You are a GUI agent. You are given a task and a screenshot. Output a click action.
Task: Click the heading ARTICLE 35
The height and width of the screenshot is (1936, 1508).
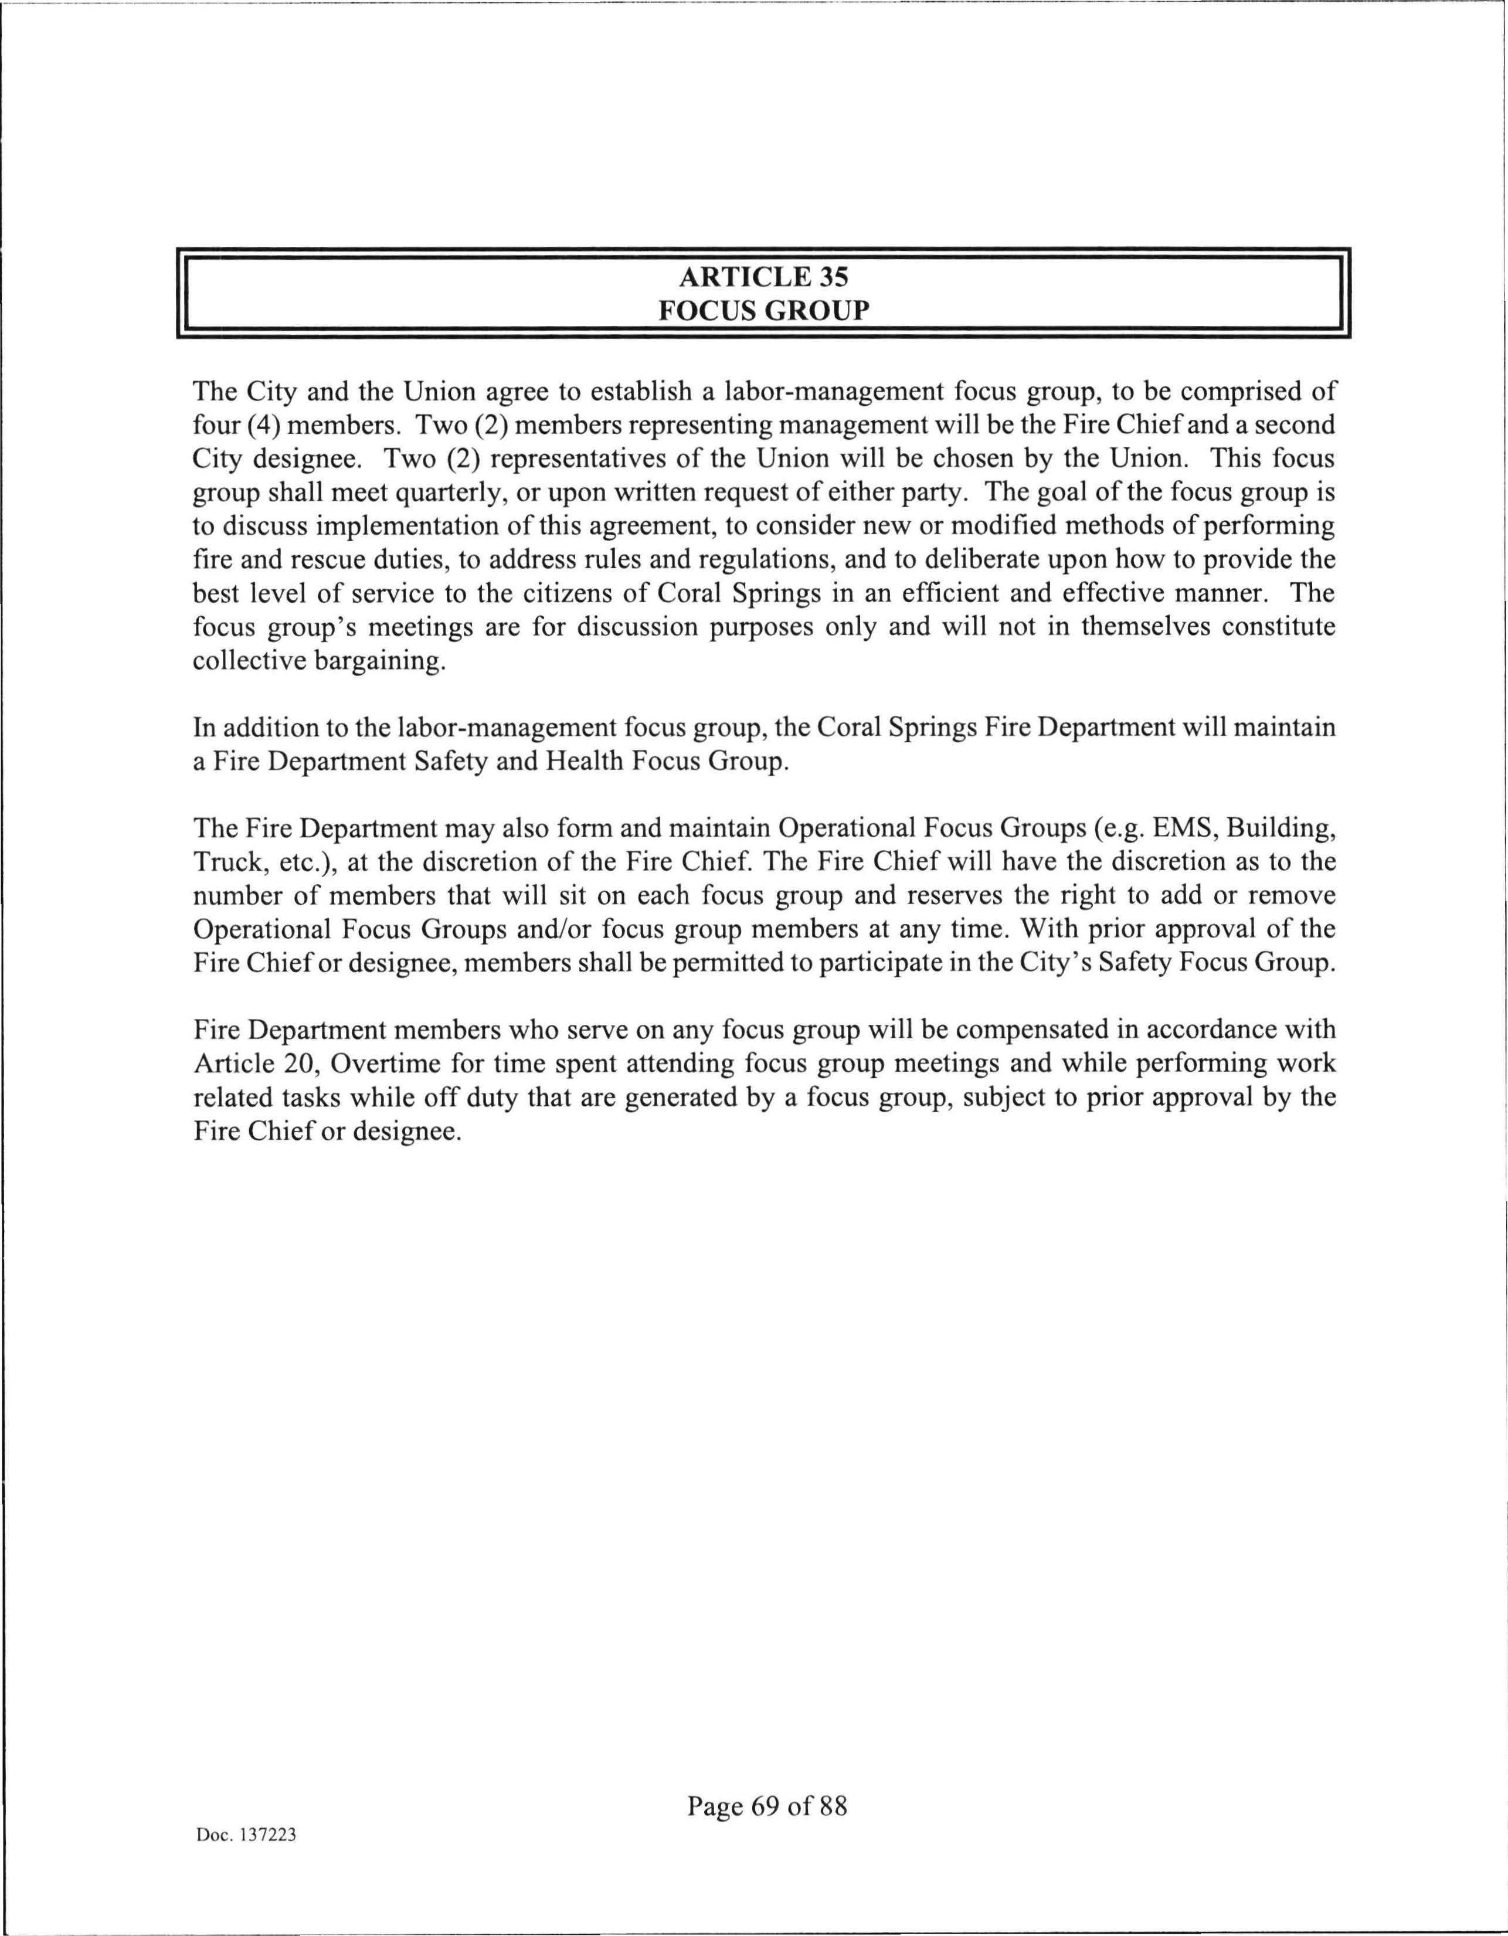(762, 277)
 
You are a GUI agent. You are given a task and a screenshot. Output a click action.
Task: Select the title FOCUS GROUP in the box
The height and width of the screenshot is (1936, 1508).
(762, 311)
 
